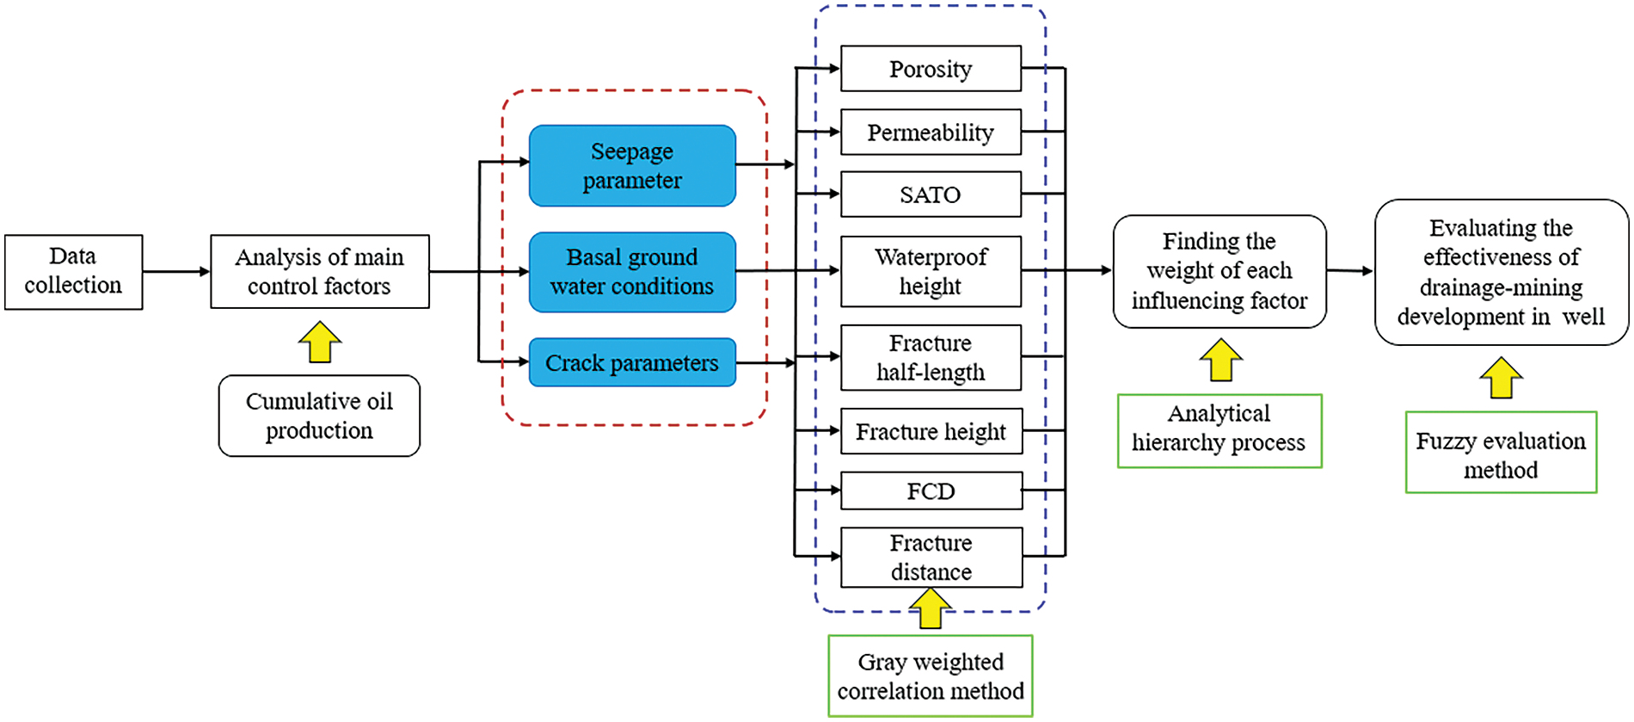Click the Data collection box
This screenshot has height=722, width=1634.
(74, 272)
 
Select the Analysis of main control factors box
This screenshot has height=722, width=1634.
(320, 272)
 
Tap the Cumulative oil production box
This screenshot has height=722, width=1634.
(319, 416)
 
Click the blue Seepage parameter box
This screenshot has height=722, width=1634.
(632, 166)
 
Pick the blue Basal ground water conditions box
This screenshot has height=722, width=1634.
(632, 272)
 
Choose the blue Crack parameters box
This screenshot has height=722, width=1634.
(632, 362)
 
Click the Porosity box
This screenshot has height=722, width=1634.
(931, 69)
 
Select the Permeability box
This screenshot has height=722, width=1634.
(931, 133)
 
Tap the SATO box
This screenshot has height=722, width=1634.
(931, 194)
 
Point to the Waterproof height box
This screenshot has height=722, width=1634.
(931, 272)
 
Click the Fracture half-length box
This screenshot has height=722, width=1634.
(931, 357)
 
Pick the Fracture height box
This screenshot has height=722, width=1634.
(931, 431)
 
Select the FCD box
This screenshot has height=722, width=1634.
(931, 491)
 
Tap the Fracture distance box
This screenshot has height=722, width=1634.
(931, 558)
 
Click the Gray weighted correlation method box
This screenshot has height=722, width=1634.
(931, 676)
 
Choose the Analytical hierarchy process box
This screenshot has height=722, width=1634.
(1219, 431)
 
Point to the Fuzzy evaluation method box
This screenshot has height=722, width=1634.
(1502, 453)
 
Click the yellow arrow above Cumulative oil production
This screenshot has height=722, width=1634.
(320, 342)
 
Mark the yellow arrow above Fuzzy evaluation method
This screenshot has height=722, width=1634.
(1502, 378)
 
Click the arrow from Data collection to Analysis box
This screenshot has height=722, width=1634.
(177, 272)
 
